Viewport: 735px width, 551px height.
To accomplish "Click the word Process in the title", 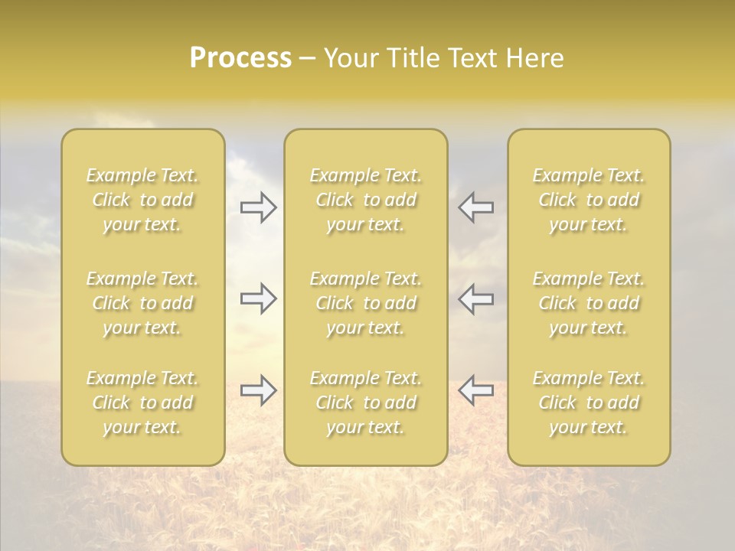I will click(x=240, y=58).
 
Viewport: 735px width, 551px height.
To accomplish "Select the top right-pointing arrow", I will click(x=259, y=207).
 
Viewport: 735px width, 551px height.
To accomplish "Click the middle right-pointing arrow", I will click(x=259, y=298).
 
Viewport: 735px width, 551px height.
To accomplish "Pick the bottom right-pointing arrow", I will click(x=259, y=390).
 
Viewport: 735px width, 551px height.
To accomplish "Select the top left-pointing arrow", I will click(x=475, y=207).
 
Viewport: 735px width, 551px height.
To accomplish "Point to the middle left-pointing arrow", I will click(x=475, y=298).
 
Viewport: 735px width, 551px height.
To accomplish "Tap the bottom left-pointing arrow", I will click(x=475, y=390).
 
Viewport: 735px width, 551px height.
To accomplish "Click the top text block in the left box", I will click(x=142, y=200).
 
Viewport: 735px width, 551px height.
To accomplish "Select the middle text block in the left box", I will click(x=142, y=303).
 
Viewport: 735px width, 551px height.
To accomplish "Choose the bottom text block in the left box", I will click(x=142, y=403).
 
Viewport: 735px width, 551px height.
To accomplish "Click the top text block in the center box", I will click(x=365, y=200).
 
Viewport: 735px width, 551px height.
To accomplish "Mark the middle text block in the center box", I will click(x=365, y=303).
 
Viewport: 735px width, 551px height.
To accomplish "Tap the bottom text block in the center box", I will click(x=365, y=403).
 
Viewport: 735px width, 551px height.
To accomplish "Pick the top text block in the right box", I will click(x=589, y=200).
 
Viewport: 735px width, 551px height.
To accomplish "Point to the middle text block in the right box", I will click(x=589, y=303).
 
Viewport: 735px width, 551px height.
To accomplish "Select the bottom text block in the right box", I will click(x=589, y=403).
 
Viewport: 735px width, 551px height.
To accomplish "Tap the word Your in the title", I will click(x=350, y=58).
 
